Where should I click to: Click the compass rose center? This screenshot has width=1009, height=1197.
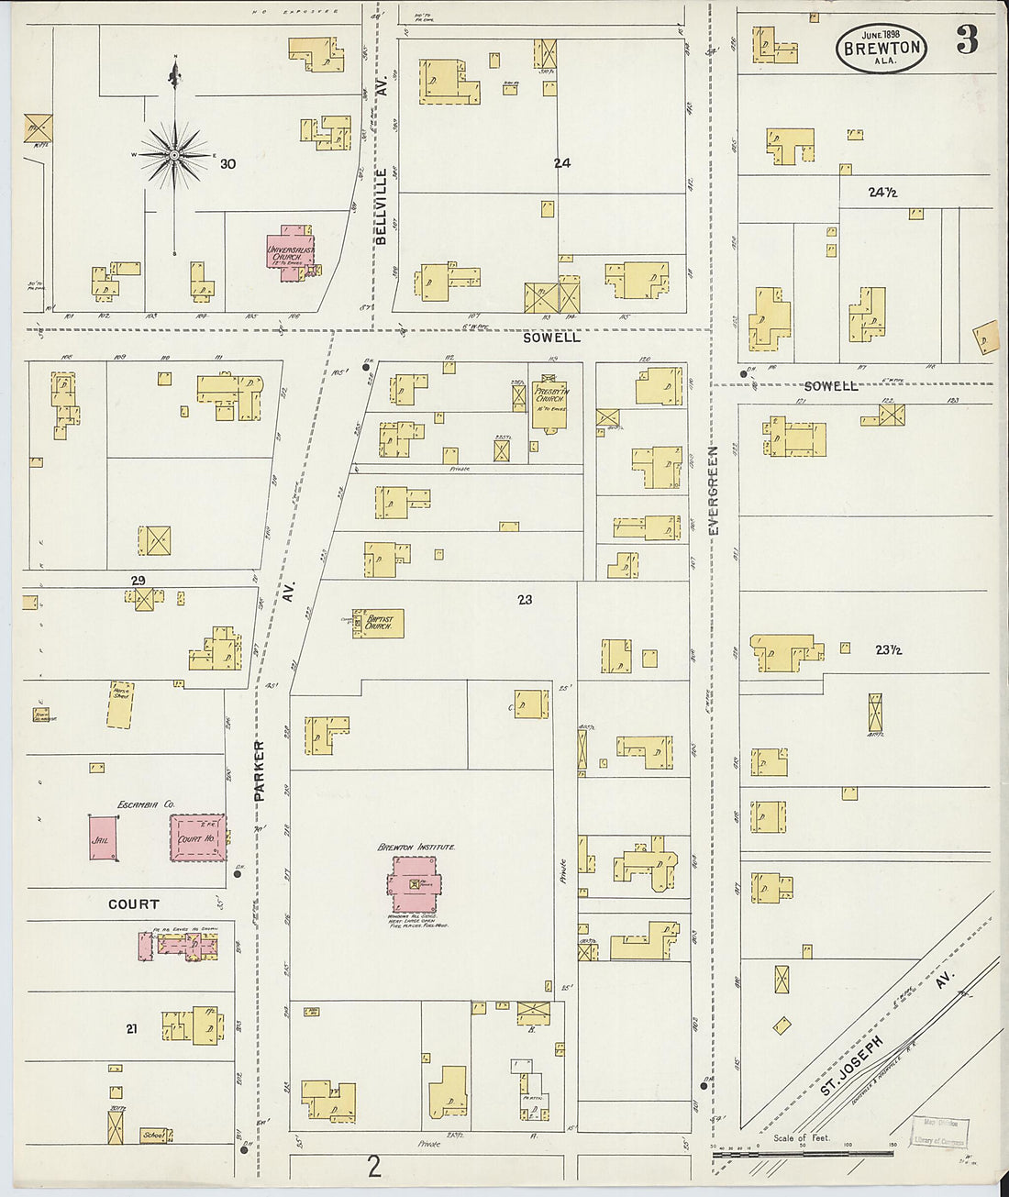click(174, 156)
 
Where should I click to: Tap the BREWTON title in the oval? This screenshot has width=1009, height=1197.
click(881, 48)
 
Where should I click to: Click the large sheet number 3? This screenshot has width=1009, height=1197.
click(967, 39)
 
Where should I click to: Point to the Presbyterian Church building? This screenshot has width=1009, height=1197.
click(550, 405)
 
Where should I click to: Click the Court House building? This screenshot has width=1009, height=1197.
click(198, 837)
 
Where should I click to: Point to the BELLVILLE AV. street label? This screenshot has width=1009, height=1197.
click(382, 205)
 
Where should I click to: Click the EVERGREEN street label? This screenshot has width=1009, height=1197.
click(714, 492)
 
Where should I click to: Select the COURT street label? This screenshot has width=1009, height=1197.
click(134, 904)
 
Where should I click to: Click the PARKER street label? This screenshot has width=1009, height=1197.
click(260, 770)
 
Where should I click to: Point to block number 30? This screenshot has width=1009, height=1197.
click(227, 164)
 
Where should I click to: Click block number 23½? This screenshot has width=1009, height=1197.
click(887, 649)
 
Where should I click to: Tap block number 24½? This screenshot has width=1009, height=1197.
click(881, 193)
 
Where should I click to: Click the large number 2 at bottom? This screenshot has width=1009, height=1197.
click(373, 1168)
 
